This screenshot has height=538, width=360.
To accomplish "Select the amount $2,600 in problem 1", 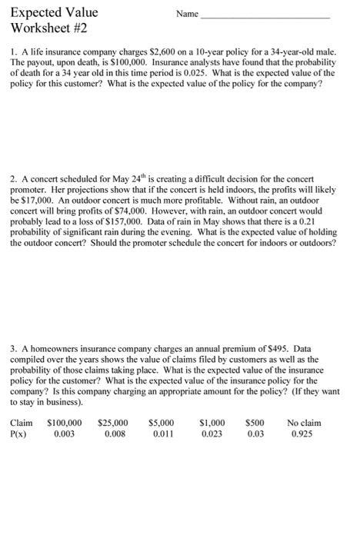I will (x=144, y=53).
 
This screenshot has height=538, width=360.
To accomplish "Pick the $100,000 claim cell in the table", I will (x=65, y=423).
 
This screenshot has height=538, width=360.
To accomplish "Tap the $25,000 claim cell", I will (x=113, y=423).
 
